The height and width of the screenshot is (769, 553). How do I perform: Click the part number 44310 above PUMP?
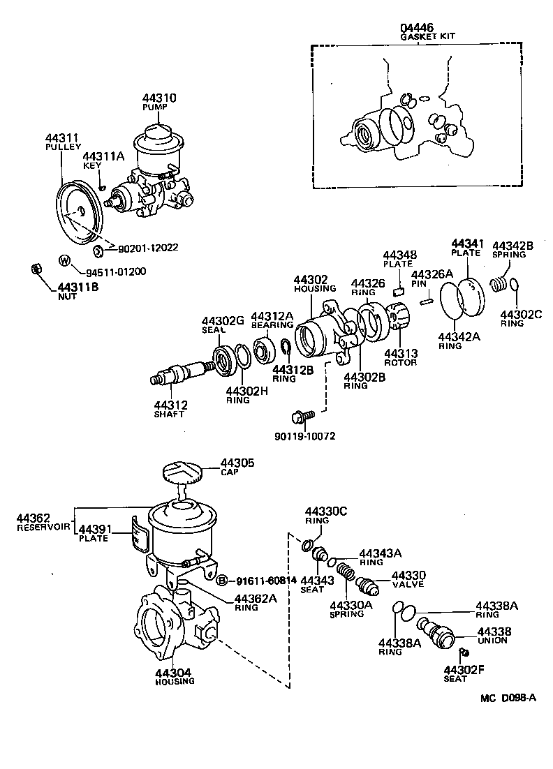(160, 99)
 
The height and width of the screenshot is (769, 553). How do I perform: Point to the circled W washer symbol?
(64, 262)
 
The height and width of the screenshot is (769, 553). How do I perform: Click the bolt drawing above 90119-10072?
(304, 417)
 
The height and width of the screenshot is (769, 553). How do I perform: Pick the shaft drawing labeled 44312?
(183, 373)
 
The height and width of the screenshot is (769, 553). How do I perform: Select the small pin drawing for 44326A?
(427, 301)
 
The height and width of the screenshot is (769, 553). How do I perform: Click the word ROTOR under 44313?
(401, 362)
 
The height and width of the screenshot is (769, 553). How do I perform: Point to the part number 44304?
(174, 673)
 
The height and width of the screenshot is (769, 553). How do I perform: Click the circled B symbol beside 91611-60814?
(221, 581)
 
